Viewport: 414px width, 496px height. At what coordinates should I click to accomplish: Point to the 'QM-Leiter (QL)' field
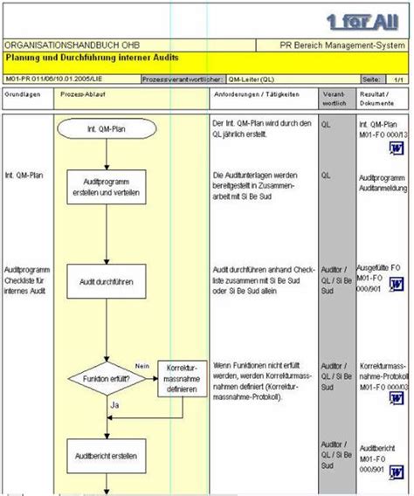tap(254, 79)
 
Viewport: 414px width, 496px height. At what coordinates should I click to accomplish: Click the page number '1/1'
tap(397, 79)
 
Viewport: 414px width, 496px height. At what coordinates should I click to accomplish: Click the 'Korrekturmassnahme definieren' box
tap(183, 379)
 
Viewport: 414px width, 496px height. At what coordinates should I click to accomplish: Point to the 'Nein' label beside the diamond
tap(143, 365)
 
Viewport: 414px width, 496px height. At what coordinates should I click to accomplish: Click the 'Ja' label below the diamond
tap(114, 404)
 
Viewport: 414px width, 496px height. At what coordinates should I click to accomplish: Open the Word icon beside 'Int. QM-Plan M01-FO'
tap(392, 149)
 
